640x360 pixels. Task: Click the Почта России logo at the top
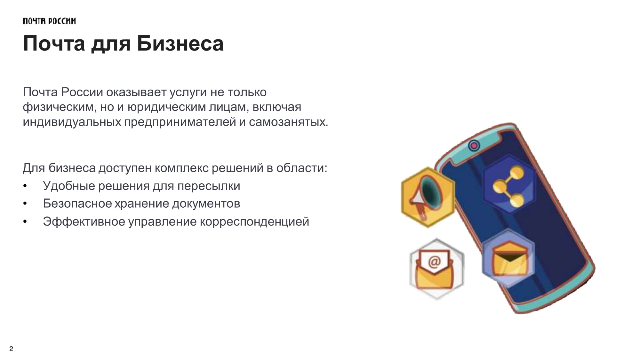[49, 21]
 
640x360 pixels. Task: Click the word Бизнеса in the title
[180, 44]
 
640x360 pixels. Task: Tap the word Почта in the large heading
[54, 44]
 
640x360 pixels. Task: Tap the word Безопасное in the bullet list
[77, 204]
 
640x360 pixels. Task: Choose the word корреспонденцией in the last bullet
[254, 221]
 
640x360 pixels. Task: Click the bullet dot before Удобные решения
[25, 186]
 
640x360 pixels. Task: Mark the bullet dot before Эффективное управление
[25, 222]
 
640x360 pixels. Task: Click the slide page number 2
[11, 349]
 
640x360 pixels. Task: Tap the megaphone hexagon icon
[428, 197]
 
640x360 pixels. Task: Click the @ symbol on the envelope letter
[434, 261]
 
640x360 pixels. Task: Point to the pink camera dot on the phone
[474, 146]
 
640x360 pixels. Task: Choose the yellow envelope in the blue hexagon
[509, 259]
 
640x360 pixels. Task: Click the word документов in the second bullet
[206, 204]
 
